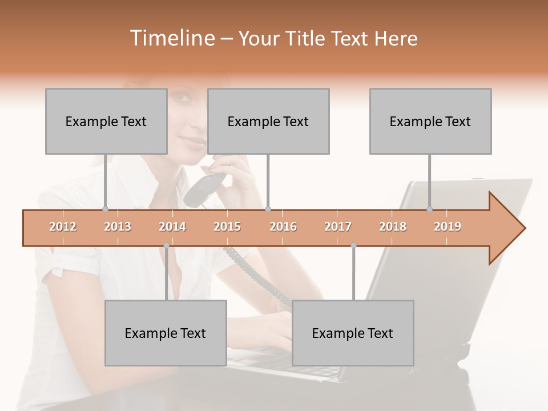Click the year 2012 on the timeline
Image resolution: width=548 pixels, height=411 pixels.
pyautogui.click(x=63, y=227)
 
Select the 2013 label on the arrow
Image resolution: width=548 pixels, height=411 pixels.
pyautogui.click(x=118, y=227)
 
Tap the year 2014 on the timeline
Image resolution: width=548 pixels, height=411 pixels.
pyautogui.click(x=172, y=227)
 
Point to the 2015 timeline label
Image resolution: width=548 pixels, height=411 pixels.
pyautogui.click(x=227, y=227)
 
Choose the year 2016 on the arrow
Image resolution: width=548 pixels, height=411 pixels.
pyautogui.click(x=283, y=227)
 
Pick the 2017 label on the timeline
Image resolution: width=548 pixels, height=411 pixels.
pyautogui.click(x=338, y=227)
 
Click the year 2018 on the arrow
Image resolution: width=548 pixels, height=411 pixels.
pyautogui.click(x=393, y=227)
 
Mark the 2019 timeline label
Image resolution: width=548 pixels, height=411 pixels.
pyautogui.click(x=448, y=227)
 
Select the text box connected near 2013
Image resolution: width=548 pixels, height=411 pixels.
pyautogui.click(x=106, y=121)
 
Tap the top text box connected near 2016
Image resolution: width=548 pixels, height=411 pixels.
pyautogui.click(x=268, y=121)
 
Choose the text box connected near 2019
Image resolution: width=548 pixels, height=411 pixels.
pyautogui.click(x=430, y=121)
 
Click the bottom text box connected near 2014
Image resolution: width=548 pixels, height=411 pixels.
pyautogui.click(x=166, y=333)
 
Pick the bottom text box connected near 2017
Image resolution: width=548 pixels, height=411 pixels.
pyautogui.click(x=353, y=333)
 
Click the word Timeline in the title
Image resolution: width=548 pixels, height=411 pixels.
pyautogui.click(x=171, y=38)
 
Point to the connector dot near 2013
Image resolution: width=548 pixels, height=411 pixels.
pyautogui.click(x=105, y=209)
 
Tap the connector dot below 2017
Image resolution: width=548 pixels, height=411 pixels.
pyautogui.click(x=353, y=245)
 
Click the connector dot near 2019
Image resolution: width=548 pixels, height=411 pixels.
pyautogui.click(x=430, y=209)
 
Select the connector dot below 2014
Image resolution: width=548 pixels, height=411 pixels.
pyautogui.click(x=166, y=245)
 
